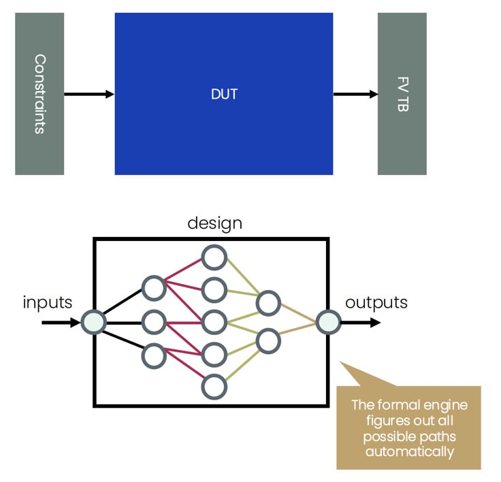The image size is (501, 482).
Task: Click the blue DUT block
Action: [x=223, y=94]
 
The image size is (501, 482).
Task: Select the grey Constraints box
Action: [x=39, y=94]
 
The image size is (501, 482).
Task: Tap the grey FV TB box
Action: [x=402, y=94]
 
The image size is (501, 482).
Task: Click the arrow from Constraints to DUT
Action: [x=89, y=94]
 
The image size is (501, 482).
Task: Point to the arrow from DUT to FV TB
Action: [x=355, y=94]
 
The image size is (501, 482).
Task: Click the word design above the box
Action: [x=214, y=223]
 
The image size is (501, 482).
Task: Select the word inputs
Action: [x=48, y=302]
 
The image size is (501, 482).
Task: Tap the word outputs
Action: [x=376, y=302]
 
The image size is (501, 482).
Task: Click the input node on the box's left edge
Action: [x=93, y=321]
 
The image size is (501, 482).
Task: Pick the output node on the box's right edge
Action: [x=328, y=321]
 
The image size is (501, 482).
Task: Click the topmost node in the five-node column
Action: [x=214, y=258]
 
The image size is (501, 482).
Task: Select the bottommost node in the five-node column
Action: [x=214, y=385]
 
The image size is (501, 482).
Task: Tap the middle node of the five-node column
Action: [x=214, y=321]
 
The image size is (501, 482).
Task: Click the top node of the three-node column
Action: [x=154, y=287]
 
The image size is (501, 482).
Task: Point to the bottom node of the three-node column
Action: [x=154, y=355]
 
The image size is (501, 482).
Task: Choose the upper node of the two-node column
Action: [x=268, y=304]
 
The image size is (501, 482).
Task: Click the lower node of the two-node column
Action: [x=268, y=339]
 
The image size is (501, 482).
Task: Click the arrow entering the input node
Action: [x=61, y=321]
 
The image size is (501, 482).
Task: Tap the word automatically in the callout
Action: [x=408, y=451]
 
